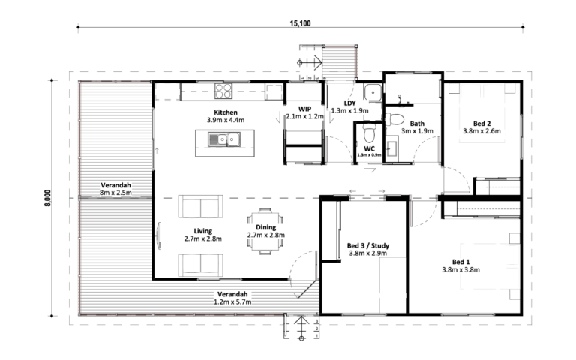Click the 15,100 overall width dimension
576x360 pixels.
coord(300,23)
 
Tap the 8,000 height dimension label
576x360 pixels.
coord(48,198)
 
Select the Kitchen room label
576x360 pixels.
coord(226,112)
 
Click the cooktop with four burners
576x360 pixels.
coord(223,91)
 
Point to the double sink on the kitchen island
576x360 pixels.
coord(224,139)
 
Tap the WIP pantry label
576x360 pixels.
coord(304,109)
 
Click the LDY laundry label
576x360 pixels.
coord(349,103)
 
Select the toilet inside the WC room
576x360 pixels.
coord(370,133)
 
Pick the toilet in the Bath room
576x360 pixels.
coord(394,119)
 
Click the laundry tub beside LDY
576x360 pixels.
coord(373,91)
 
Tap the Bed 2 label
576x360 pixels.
coord(481,124)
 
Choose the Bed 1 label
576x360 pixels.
coord(460,262)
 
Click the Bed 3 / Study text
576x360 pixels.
coord(367,245)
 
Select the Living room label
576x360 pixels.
coord(202,231)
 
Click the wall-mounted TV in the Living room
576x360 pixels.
coord(159,235)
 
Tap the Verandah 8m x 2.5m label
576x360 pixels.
coord(115,189)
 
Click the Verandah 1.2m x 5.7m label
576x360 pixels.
coord(232,298)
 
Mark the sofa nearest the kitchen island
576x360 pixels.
coord(200,206)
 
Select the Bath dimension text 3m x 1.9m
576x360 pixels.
coord(417,131)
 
